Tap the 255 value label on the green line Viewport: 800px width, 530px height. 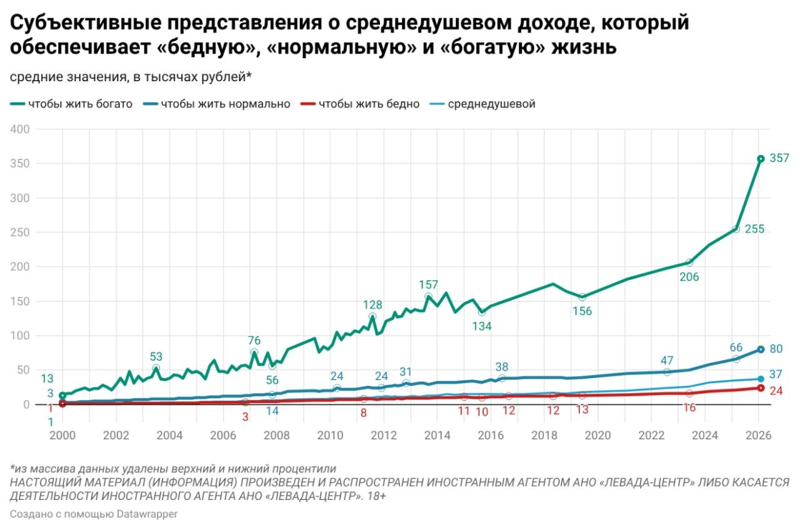pos(755,230)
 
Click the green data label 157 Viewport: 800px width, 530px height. pos(429,285)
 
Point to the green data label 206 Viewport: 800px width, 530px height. pos(689,278)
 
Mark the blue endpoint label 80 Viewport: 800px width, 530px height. pos(777,349)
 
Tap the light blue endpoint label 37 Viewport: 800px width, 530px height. pos(777,374)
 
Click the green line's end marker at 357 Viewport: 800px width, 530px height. pos(761,159)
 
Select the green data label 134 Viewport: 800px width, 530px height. pos(481,326)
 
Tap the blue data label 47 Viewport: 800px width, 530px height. pos(667,361)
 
